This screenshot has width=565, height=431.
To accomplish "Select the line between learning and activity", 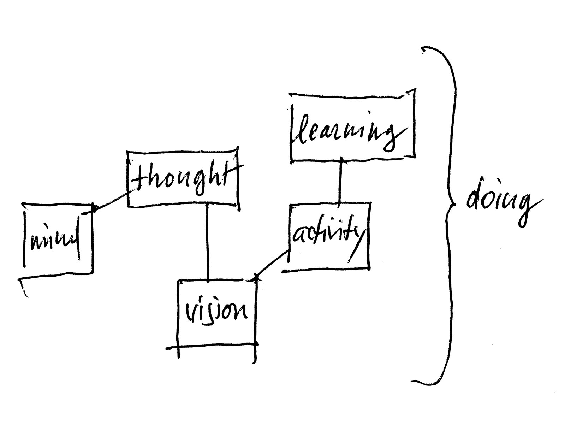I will (340, 180).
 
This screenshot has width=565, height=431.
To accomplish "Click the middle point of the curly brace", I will (449, 205).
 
